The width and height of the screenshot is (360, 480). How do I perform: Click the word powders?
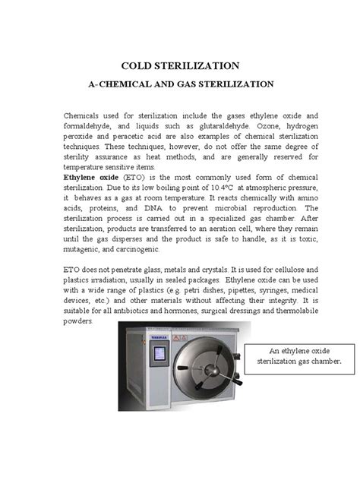point(79,322)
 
